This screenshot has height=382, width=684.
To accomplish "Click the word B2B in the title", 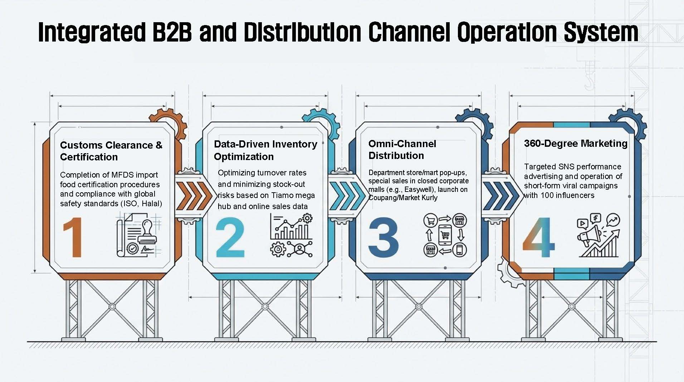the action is pyautogui.click(x=171, y=32).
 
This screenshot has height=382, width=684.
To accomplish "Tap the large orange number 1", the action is pyautogui.click(x=73, y=237).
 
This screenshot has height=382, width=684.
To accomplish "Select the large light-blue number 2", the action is pyautogui.click(x=230, y=238).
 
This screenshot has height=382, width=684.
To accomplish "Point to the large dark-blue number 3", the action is pyautogui.click(x=383, y=237).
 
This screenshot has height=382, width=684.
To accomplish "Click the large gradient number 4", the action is pyautogui.click(x=538, y=237).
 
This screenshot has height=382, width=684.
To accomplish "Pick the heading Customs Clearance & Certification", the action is pyautogui.click(x=111, y=151).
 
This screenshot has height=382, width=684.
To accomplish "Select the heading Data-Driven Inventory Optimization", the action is pyautogui.click(x=265, y=150).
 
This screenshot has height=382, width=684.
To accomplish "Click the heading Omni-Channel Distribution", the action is pyautogui.click(x=402, y=150).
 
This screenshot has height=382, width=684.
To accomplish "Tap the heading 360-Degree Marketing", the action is pyautogui.click(x=575, y=144).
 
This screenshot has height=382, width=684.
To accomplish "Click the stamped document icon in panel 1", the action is pyautogui.click(x=139, y=234).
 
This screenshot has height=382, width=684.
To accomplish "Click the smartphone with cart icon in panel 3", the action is pyautogui.click(x=445, y=235).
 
